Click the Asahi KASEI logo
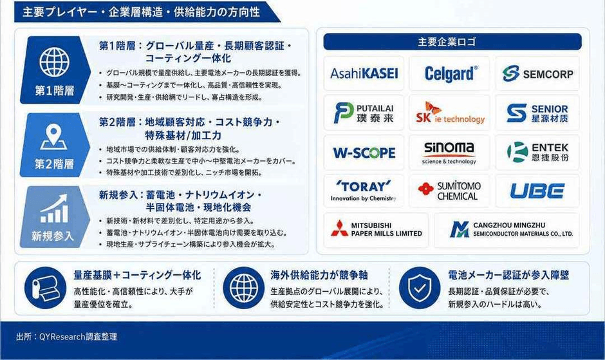pos(364,73)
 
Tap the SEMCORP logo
pos(537,73)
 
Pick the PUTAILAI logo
pos(364,113)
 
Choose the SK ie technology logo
pos(450,113)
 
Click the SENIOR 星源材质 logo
pos(537,113)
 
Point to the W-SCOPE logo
pos(364,153)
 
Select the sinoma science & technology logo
pos(449,153)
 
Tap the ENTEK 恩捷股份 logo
pos(537,152)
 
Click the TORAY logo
pos(363,191)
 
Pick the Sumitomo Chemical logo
pos(449,191)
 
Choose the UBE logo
pos(537,191)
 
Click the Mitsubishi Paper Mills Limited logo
pos(377,229)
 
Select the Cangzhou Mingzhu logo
pos(511,229)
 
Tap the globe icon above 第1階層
pos(55,62)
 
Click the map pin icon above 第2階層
pos(53,138)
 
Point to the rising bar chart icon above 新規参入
pos(55,209)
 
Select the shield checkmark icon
pos(420,288)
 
